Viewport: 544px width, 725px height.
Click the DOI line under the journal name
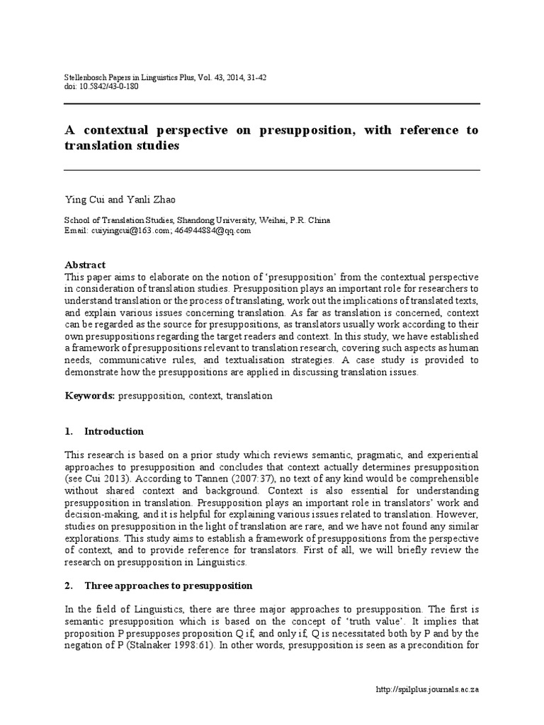(101, 86)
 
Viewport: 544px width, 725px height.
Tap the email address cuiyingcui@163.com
(128, 230)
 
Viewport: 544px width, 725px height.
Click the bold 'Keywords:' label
(89, 396)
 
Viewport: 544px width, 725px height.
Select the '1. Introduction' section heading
(113, 431)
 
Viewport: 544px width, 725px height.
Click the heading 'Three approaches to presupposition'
(169, 586)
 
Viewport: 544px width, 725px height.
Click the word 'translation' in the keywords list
(249, 396)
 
